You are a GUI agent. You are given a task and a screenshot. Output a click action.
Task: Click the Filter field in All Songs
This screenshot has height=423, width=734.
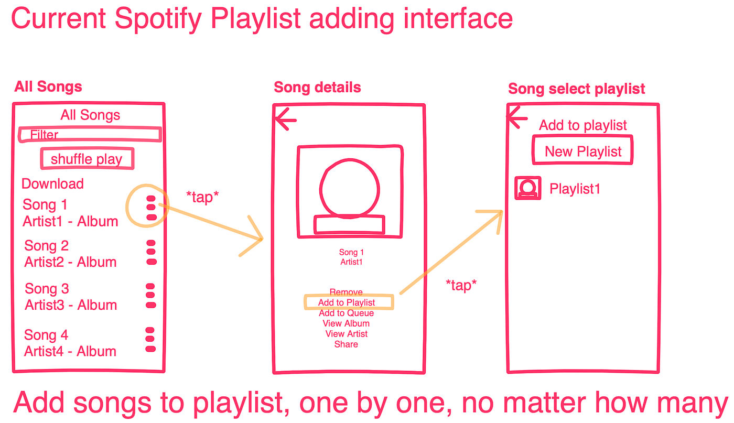tap(89, 135)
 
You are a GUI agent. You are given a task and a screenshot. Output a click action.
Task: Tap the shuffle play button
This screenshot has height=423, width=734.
tap(87, 159)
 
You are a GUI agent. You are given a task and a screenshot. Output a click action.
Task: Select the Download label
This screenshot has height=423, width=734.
tap(52, 183)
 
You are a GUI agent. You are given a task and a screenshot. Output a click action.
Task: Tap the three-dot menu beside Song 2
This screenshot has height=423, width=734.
tap(151, 252)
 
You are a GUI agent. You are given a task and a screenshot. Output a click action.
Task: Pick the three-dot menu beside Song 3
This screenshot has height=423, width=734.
tap(150, 296)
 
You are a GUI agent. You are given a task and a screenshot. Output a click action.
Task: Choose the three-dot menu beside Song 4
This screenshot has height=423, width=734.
tap(150, 340)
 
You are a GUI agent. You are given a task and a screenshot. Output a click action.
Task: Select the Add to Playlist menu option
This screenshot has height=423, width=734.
tap(347, 302)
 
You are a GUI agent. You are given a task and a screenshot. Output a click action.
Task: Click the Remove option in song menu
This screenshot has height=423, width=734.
tap(346, 292)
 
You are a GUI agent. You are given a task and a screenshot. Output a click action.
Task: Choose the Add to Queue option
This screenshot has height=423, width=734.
tap(346, 313)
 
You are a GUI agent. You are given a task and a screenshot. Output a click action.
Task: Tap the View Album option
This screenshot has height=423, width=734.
tap(346, 323)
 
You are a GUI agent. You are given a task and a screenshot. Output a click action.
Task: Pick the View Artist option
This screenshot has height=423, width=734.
tap(346, 334)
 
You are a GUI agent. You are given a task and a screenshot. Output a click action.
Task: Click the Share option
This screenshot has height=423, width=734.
tap(346, 344)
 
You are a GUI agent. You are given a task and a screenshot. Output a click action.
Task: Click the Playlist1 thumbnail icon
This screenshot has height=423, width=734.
tap(528, 188)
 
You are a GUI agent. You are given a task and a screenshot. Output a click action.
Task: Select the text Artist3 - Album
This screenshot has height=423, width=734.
tap(71, 305)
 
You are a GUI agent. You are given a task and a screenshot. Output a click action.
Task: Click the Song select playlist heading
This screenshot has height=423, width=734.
tap(576, 89)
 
